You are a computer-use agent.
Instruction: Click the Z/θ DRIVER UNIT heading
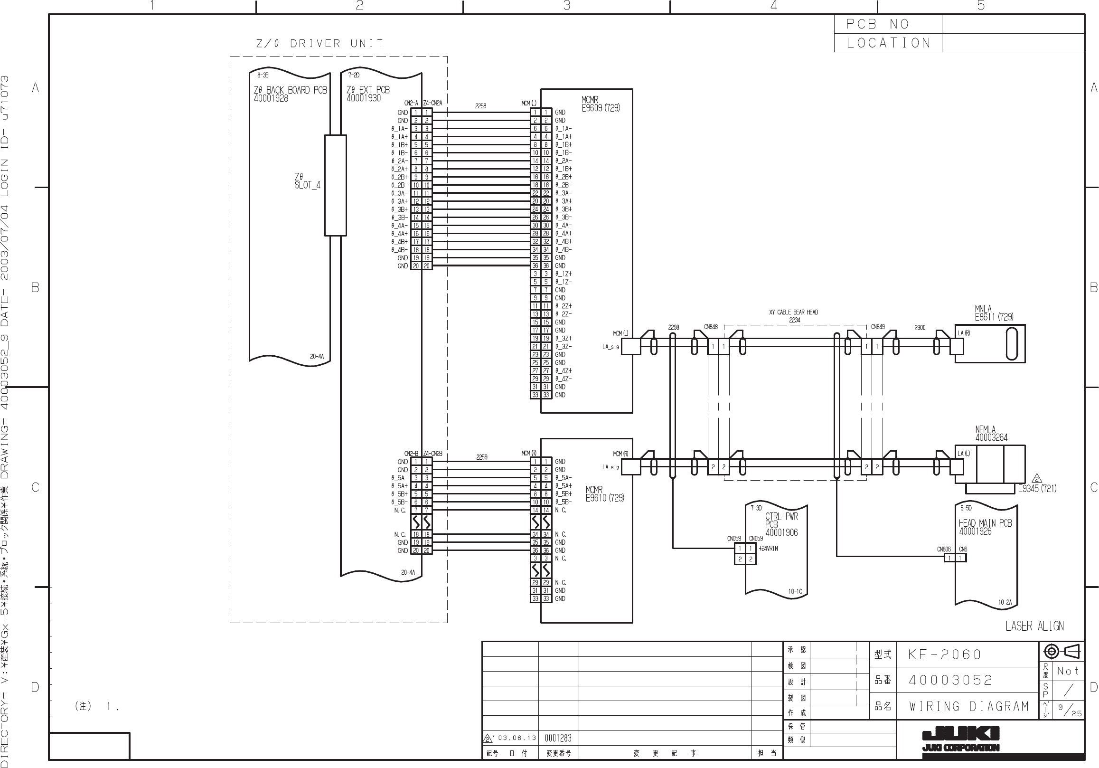(320, 44)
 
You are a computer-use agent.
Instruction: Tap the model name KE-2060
(944, 654)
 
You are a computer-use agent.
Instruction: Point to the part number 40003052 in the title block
(950, 680)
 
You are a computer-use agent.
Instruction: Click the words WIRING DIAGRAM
(969, 706)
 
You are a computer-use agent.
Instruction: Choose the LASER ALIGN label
(1034, 626)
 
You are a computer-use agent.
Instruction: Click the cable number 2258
(480, 106)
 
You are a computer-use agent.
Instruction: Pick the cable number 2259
(481, 457)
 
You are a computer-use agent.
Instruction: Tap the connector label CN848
(710, 327)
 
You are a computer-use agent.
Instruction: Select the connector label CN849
(877, 327)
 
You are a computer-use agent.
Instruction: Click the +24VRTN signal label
(768, 549)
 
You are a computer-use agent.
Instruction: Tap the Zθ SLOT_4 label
(307, 181)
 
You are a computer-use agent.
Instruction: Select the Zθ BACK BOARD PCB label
(290, 91)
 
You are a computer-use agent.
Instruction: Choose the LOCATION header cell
(888, 43)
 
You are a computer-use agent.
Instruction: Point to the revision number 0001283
(558, 738)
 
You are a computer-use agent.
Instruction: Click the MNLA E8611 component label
(994, 313)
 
